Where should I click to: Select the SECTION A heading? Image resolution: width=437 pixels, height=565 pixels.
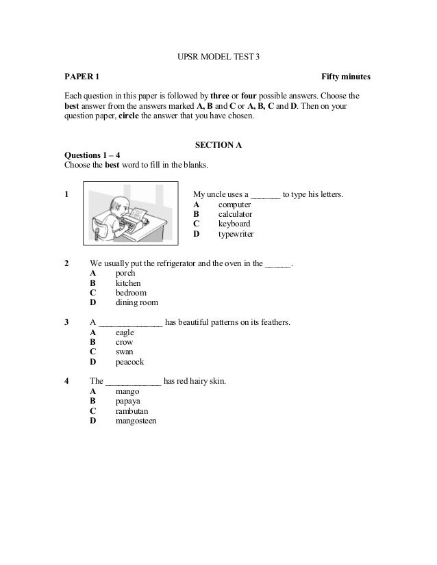coord(218,145)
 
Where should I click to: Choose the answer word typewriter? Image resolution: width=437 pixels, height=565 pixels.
coord(236,233)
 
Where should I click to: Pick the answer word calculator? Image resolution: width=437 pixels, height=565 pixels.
coord(235,214)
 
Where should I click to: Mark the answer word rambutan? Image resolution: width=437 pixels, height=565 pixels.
coord(132,411)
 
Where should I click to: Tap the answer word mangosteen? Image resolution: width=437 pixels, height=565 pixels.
coord(136,421)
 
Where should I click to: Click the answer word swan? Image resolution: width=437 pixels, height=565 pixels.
coord(125,352)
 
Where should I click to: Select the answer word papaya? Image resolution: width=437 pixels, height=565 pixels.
coord(129,402)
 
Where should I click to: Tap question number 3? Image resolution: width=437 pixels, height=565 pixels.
coord(66,322)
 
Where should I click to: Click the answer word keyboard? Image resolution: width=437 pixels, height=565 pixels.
coord(234,224)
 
